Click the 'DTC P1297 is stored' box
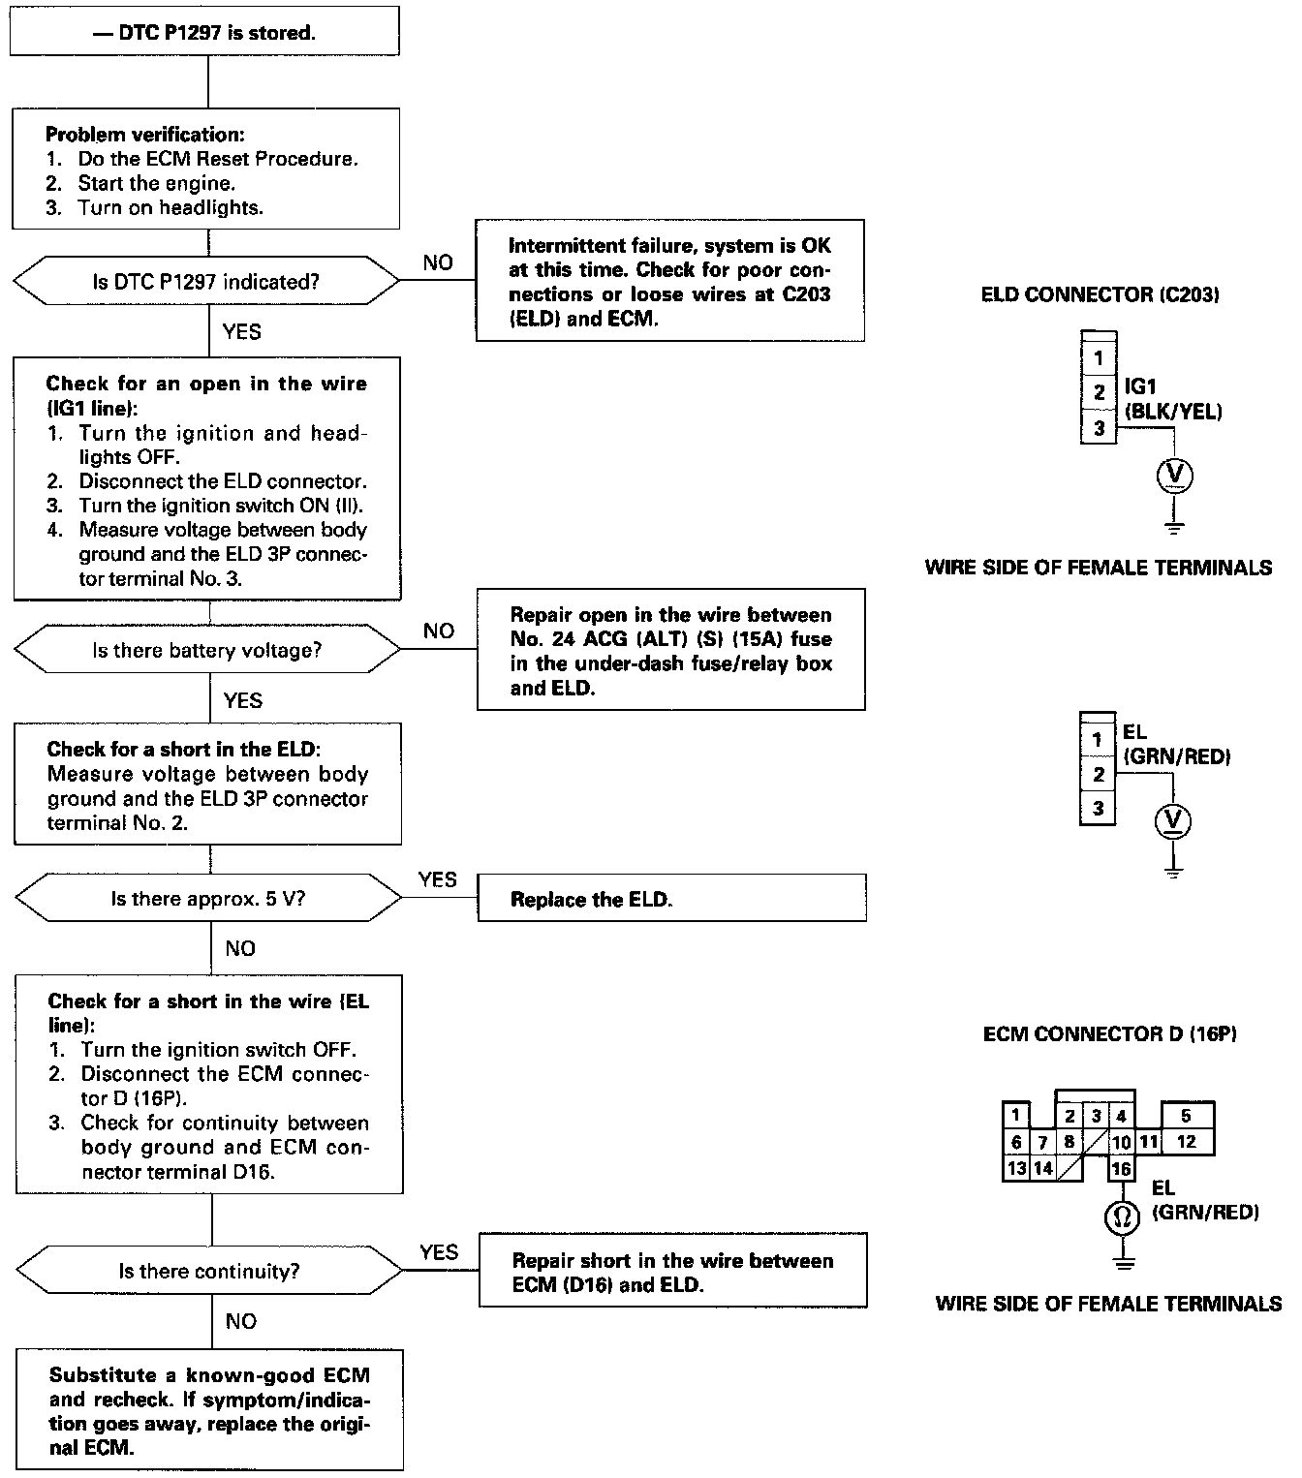(x=204, y=32)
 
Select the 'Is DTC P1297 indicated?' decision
(x=205, y=281)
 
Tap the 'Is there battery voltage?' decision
(x=207, y=650)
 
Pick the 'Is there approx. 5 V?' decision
(x=208, y=899)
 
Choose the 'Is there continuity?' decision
(x=209, y=1271)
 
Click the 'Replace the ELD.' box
(x=671, y=899)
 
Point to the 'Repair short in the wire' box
(x=672, y=1272)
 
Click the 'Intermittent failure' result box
(x=669, y=281)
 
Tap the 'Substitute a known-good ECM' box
(x=209, y=1410)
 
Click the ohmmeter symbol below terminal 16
(x=1122, y=1216)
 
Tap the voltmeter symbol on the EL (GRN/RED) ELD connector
(x=1173, y=821)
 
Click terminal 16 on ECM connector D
(x=1121, y=1168)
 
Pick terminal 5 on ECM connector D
(x=1186, y=1117)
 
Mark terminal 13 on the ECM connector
(x=1016, y=1168)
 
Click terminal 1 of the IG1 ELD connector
(x=1098, y=358)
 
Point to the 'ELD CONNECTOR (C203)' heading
(x=1100, y=295)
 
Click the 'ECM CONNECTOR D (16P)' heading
(x=1109, y=1034)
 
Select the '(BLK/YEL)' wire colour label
(x=1173, y=412)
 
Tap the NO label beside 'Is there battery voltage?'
(x=438, y=631)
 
